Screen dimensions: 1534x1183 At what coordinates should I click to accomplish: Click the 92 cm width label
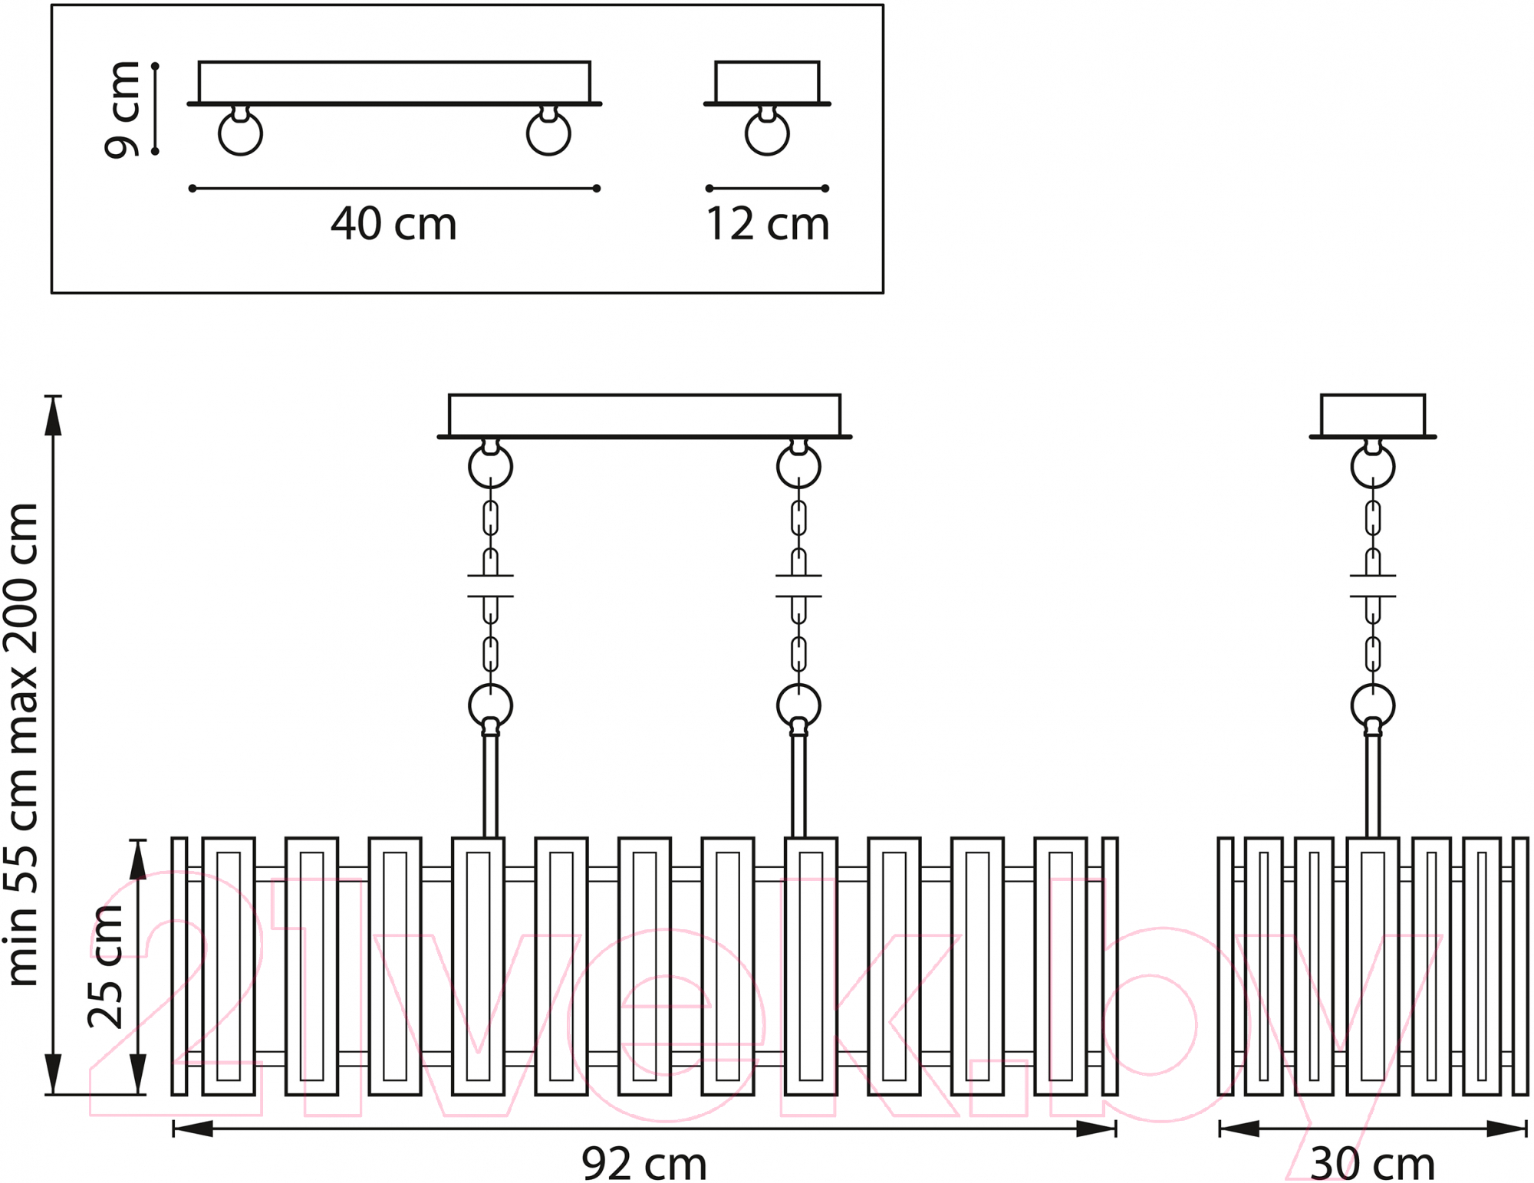[x=644, y=1164]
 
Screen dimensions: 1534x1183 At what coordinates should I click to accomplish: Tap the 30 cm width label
[x=1373, y=1164]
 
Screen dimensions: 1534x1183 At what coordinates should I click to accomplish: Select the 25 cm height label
[x=107, y=966]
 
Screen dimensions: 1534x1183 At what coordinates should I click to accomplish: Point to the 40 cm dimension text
[x=393, y=224]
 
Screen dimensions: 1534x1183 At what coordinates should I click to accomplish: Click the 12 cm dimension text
[x=767, y=224]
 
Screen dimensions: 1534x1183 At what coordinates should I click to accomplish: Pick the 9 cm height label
[x=123, y=110]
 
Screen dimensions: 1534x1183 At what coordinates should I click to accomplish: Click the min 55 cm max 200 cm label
[x=22, y=744]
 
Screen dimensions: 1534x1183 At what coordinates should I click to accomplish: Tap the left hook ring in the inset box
[x=240, y=133]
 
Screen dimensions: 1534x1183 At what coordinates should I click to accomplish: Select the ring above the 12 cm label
[x=767, y=133]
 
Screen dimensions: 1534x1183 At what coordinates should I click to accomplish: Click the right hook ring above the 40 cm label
[x=548, y=133]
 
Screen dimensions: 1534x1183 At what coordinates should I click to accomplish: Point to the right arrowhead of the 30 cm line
[x=1506, y=1129]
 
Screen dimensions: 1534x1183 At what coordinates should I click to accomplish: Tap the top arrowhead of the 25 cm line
[x=137, y=859]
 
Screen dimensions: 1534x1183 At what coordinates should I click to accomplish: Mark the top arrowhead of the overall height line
[x=53, y=416]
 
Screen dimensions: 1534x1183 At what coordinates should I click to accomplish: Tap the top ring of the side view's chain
[x=1373, y=466]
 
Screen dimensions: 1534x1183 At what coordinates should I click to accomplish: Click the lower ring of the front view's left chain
[x=491, y=705]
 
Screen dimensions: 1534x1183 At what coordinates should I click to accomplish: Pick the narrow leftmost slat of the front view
[x=179, y=966]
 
